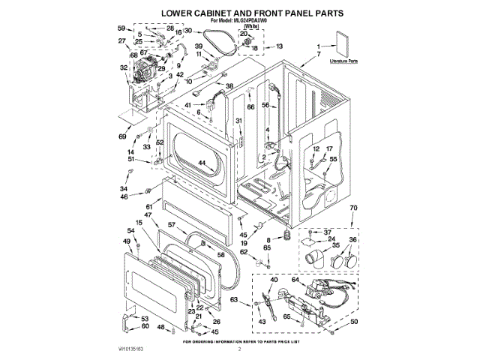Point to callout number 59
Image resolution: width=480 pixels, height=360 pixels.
[x=121, y=28]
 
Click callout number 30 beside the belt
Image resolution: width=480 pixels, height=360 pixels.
[x=188, y=31]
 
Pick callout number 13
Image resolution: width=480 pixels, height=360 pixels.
[x=280, y=46]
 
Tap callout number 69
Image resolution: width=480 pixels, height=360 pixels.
[x=121, y=136]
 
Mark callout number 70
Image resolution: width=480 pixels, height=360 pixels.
[x=354, y=207]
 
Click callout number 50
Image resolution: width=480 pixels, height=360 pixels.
[x=354, y=322]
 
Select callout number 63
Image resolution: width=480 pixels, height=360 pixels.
[x=234, y=300]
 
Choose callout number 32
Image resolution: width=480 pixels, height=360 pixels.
[x=124, y=67]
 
